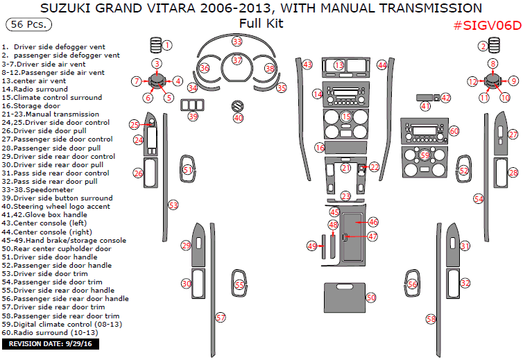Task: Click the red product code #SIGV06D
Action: [486, 26]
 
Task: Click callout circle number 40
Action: [238, 118]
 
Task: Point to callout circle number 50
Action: [371, 297]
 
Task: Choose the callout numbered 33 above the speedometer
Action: [237, 42]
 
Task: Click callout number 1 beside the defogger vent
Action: [167, 45]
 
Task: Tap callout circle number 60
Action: [454, 130]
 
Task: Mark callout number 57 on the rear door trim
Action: [220, 317]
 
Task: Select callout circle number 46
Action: [373, 222]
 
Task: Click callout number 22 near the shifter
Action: [375, 167]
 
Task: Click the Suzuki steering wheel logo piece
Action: [238, 106]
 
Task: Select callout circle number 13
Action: [338, 65]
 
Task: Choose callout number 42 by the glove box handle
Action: [445, 98]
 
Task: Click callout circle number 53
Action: [173, 205]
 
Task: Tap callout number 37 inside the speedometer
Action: [237, 60]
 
